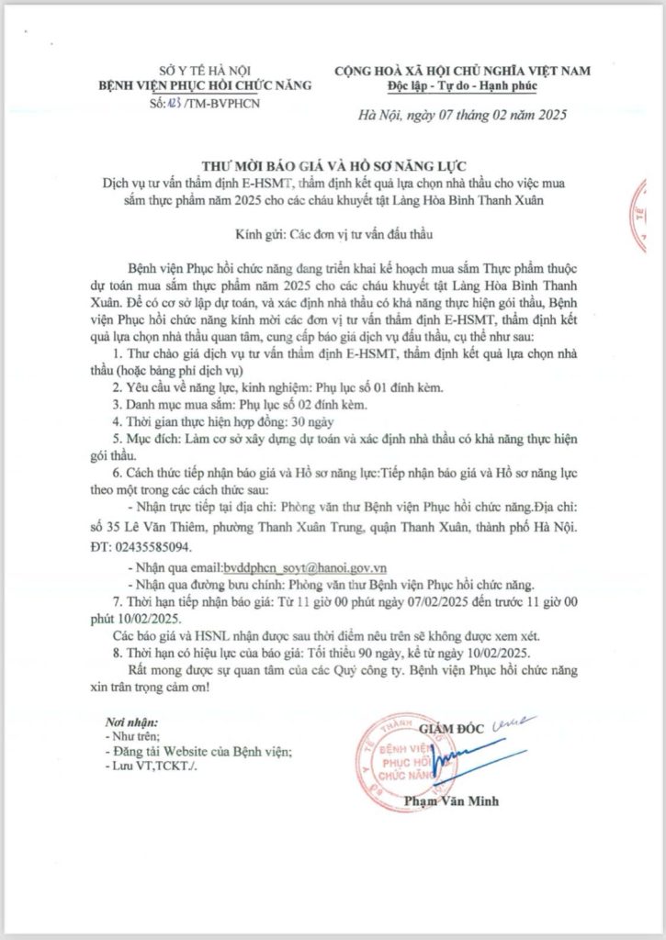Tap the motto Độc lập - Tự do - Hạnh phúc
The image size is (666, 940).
tap(462, 86)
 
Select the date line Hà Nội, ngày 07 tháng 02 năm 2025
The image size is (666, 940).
tap(462, 116)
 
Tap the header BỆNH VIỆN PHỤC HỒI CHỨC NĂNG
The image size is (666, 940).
tap(205, 85)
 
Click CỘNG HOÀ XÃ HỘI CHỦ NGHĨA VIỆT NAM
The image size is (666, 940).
tap(462, 71)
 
